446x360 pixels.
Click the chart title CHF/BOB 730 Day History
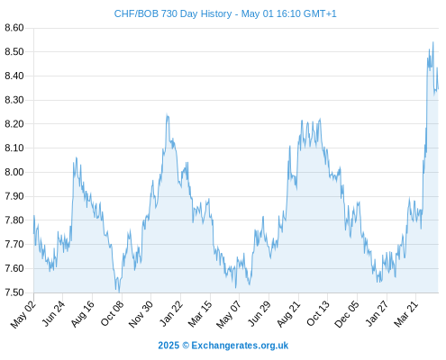coord(173,13)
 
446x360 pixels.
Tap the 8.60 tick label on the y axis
coord(14,28)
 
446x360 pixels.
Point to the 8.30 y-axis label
coord(14,100)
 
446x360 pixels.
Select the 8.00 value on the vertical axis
coord(14,172)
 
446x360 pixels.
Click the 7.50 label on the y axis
coord(14,292)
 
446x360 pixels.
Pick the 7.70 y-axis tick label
coord(14,244)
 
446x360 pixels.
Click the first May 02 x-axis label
coord(23,314)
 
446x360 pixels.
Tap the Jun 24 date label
coord(53,313)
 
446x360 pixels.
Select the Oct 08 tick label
coord(112,313)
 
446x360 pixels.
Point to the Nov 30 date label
coord(141,314)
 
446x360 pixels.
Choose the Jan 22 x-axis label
coord(171,313)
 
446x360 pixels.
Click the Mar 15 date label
coord(200,314)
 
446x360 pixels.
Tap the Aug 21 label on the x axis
coord(288,314)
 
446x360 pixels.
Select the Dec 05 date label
coord(347,314)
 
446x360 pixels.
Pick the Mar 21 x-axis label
coord(406,314)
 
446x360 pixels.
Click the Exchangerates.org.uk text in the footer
coord(240,346)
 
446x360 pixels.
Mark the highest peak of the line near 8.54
coord(433,42)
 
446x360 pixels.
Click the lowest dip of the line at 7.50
coord(119,292)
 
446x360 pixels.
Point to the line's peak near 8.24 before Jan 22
coord(167,115)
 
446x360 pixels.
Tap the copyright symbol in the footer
coord(186,346)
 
